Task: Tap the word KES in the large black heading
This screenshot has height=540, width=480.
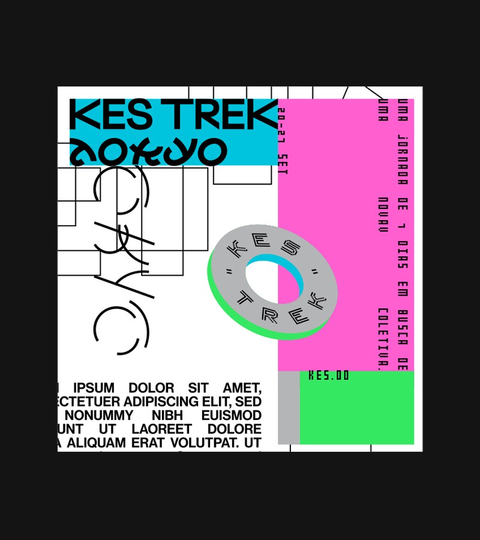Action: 112,115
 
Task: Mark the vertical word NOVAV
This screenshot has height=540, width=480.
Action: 382,214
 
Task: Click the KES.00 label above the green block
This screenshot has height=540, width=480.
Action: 328,376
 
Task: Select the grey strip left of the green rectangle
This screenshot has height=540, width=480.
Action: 289,407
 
